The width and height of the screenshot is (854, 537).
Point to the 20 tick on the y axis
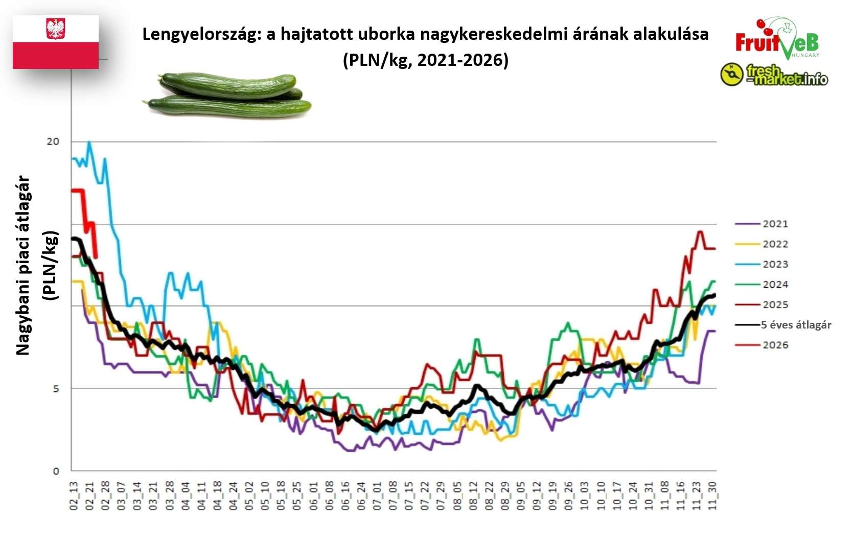pyautogui.click(x=53, y=142)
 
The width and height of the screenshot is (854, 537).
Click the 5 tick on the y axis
pyautogui.click(x=56, y=389)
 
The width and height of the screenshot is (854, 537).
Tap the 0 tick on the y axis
pyautogui.click(x=56, y=471)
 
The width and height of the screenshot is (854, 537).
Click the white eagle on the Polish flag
pyautogui.click(x=55, y=29)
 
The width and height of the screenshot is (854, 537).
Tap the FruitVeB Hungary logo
pyautogui.click(x=776, y=38)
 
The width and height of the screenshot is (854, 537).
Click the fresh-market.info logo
pyautogui.click(x=774, y=75)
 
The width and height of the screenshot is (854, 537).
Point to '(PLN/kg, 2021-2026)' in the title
pyautogui.click(x=425, y=60)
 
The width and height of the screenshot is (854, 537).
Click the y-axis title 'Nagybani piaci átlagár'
pyautogui.click(x=24, y=266)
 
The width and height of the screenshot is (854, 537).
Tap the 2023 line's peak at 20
pyautogui.click(x=89, y=142)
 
